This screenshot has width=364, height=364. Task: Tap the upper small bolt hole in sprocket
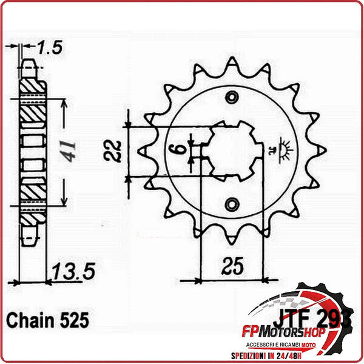tap(231, 98)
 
